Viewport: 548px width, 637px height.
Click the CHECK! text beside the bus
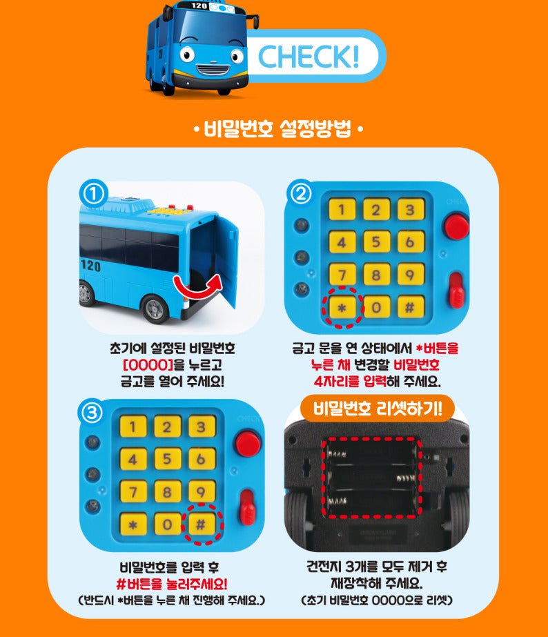(309, 56)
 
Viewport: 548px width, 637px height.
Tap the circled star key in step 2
(342, 308)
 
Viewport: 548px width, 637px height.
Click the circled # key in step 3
(201, 525)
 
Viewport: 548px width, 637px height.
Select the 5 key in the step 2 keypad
(377, 242)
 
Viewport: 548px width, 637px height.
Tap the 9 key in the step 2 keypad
(411, 275)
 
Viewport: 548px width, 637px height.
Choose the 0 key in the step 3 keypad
(167, 525)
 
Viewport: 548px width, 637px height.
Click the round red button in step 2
(457, 226)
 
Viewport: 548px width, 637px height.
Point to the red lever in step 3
(247, 507)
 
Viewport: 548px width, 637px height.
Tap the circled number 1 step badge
(93, 194)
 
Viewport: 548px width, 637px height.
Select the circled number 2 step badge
(301, 194)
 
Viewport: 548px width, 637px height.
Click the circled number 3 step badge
(92, 412)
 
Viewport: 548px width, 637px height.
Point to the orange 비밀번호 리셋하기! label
(378, 409)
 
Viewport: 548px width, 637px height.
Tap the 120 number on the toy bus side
(90, 265)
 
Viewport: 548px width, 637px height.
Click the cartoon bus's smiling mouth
(212, 69)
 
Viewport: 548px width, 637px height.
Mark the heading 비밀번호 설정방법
(277, 129)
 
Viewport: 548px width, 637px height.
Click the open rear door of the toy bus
(226, 260)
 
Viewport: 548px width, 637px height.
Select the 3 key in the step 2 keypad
(411, 210)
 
